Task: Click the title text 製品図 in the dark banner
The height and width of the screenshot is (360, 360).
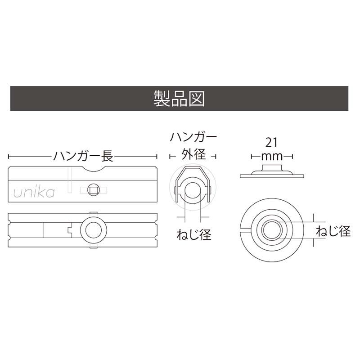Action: click(179, 98)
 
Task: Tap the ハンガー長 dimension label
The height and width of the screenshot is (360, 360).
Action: click(82, 157)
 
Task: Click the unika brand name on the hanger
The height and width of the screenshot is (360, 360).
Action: click(34, 193)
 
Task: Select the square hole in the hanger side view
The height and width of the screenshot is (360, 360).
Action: click(94, 190)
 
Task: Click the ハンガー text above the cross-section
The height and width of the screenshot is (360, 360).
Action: click(193, 136)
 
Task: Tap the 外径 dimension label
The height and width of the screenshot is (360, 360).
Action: click(193, 155)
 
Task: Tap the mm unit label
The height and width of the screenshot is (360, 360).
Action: click(272, 157)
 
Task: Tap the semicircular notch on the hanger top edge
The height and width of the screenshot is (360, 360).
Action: click(93, 170)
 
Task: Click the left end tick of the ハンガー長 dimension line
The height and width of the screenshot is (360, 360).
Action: click(9, 157)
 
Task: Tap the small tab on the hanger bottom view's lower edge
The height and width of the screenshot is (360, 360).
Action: click(93, 247)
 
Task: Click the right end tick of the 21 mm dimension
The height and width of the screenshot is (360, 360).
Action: click(293, 157)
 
